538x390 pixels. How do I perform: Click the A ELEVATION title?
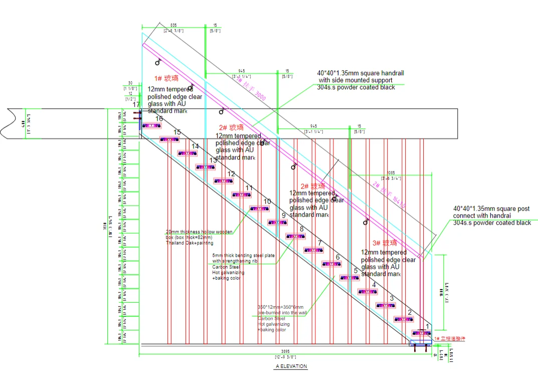point(291,366)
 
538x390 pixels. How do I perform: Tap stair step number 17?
point(136,105)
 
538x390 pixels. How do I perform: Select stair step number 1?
point(427,326)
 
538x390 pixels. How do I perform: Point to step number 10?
point(267,202)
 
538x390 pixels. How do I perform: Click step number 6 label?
point(337,257)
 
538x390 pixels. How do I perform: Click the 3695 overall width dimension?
point(284,352)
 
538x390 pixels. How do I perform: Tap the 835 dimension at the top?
point(173,25)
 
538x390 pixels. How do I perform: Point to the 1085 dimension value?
point(391,172)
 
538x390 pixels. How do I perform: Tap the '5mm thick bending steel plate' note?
point(244,256)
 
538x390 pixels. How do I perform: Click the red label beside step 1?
point(450,339)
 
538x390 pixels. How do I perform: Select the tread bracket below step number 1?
point(421,333)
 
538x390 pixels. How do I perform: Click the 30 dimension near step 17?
point(130,83)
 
